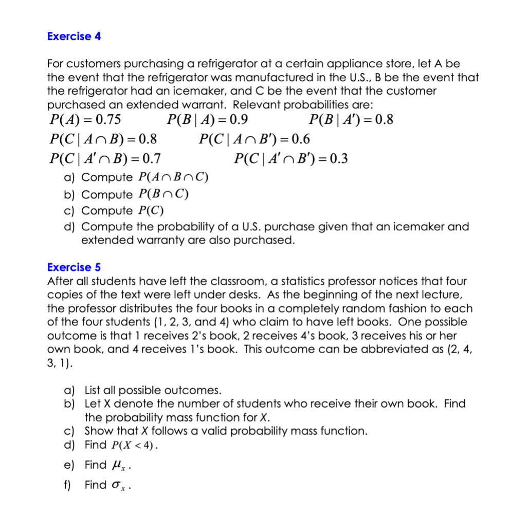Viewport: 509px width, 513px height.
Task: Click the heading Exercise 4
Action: click(x=74, y=36)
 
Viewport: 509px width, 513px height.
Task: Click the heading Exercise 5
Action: click(x=74, y=267)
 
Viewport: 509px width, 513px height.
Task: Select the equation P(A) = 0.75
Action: click(x=85, y=120)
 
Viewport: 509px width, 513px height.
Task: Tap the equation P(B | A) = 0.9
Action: click(x=207, y=120)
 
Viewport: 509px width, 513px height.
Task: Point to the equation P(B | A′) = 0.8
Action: click(x=351, y=120)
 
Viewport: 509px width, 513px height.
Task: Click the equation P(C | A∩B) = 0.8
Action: click(x=103, y=139)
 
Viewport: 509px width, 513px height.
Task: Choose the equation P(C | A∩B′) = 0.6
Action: click(x=254, y=139)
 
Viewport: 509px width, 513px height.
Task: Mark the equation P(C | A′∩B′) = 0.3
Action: click(x=290, y=158)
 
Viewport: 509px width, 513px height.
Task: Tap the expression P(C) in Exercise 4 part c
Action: click(x=151, y=211)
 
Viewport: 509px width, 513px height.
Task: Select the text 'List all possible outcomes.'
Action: click(x=153, y=390)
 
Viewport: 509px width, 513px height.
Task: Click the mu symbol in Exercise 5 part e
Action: click(x=116, y=466)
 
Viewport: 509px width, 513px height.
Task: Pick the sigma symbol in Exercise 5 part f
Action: click(x=116, y=485)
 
